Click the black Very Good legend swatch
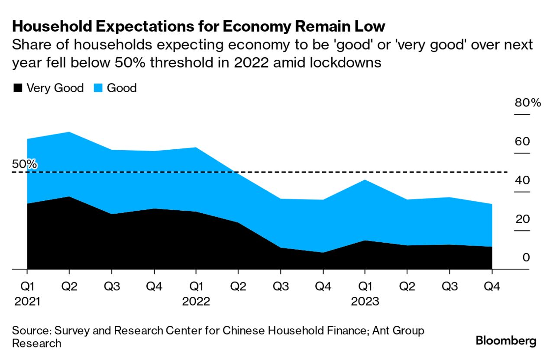[17, 88]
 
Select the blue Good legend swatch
[97, 88]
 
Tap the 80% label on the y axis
[528, 103]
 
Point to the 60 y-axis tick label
[522, 142]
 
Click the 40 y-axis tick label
[522, 180]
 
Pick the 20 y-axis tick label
[522, 219]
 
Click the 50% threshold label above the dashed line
[24, 164]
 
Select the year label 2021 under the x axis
[27, 302]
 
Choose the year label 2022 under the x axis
[196, 302]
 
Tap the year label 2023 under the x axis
[365, 302]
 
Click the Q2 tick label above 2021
[69, 286]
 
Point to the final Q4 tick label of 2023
[492, 286]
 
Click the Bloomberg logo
[506, 341]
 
